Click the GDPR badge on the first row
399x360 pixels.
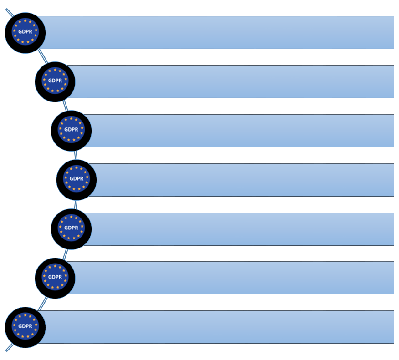click(25, 32)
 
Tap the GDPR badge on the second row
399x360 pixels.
click(55, 81)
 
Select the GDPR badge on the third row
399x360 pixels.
click(71, 130)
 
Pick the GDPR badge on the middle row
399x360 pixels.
click(77, 179)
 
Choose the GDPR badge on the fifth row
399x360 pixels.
click(71, 228)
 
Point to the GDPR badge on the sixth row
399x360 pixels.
click(55, 278)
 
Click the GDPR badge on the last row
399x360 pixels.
click(25, 327)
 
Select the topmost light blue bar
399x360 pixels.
click(219, 32)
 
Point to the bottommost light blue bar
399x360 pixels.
click(219, 327)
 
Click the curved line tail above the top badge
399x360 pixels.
click(8, 11)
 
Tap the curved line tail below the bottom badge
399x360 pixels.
click(8, 349)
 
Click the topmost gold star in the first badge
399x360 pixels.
click(25, 21)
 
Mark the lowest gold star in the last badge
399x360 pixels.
click(25, 338)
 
